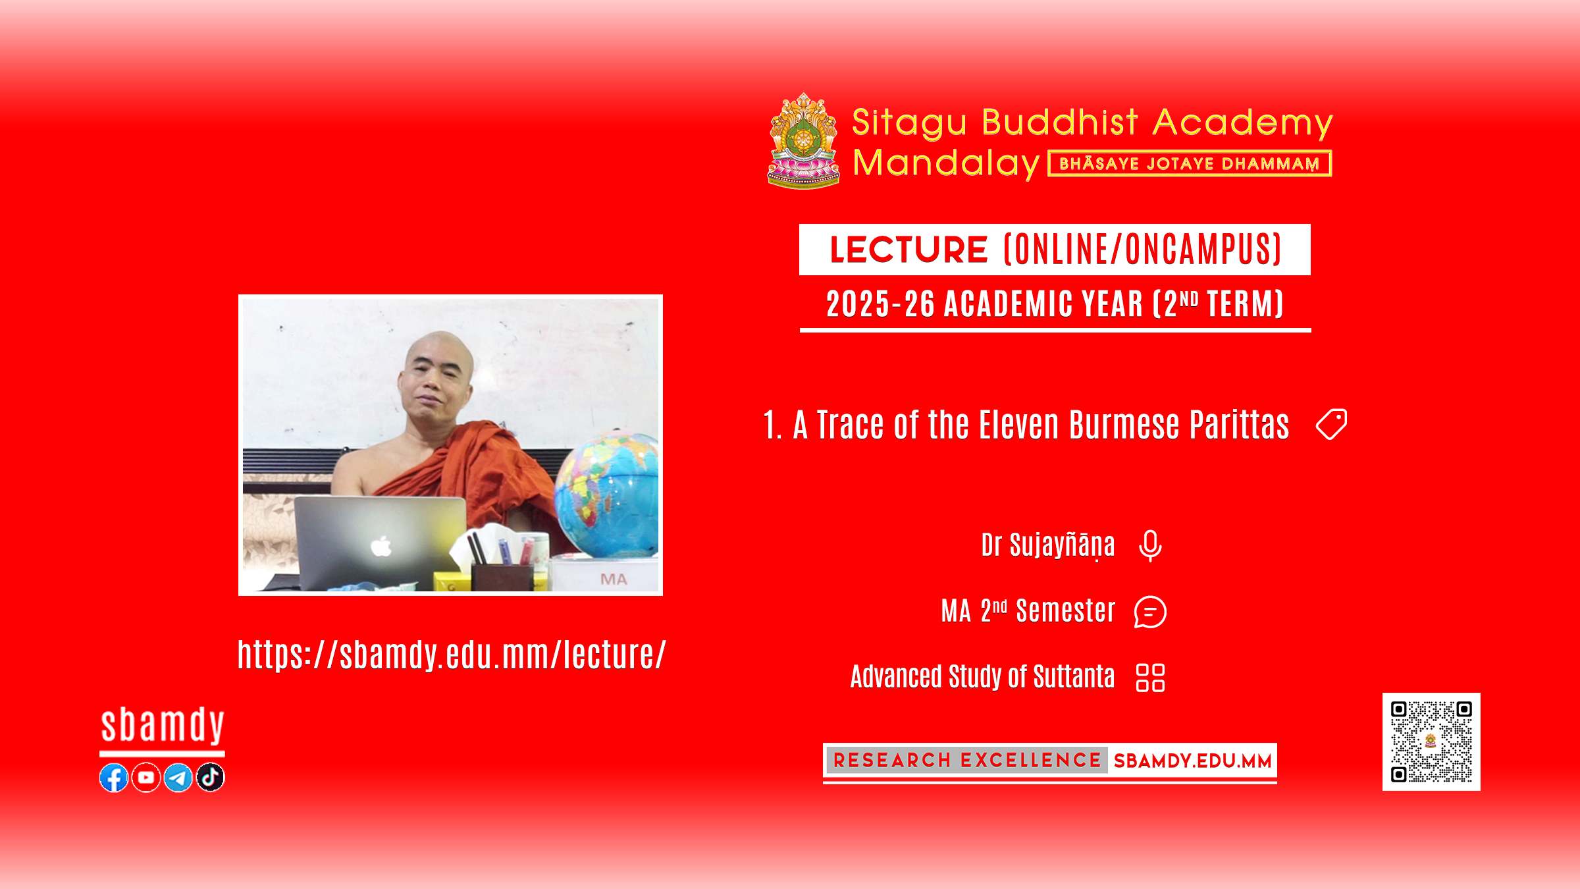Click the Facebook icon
click(x=114, y=778)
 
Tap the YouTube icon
click(x=146, y=778)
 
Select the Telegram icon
click(x=178, y=778)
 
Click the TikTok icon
click(x=211, y=778)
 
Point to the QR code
click(x=1431, y=741)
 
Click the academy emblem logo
click(x=804, y=141)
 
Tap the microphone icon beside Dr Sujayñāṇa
click(x=1150, y=546)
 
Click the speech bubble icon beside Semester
click(x=1150, y=612)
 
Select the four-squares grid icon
click(x=1150, y=678)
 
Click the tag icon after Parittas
click(x=1331, y=424)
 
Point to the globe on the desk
click(x=606, y=494)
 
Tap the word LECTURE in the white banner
click(x=908, y=250)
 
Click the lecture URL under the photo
click(x=452, y=655)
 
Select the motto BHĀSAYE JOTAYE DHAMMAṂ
click(x=1190, y=164)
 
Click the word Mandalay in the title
click(x=946, y=163)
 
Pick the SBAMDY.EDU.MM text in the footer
click(x=1192, y=761)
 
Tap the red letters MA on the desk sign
click(x=614, y=579)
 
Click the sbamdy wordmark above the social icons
click(x=163, y=726)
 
